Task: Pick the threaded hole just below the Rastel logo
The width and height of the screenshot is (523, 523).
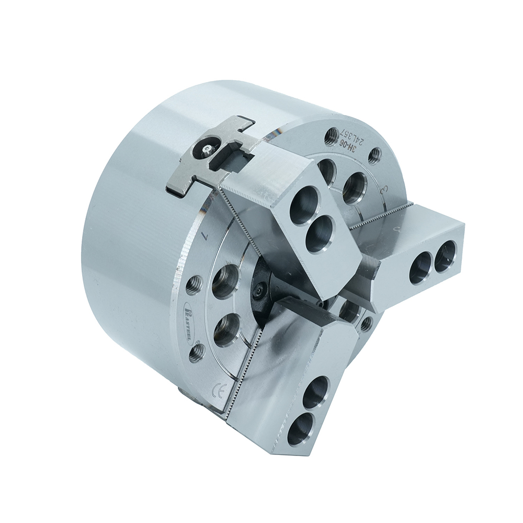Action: (197, 354)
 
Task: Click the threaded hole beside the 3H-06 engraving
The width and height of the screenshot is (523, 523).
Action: (332, 137)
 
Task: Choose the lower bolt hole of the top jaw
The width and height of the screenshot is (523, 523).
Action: (320, 234)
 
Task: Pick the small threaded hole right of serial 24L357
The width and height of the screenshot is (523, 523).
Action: (374, 155)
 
